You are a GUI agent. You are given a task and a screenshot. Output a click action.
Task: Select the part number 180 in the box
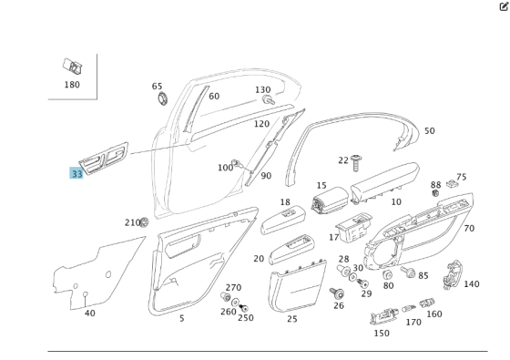tap(72, 85)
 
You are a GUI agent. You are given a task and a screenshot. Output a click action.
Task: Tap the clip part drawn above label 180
tap(72, 67)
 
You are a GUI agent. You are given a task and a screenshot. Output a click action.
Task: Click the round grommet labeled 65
tap(162, 98)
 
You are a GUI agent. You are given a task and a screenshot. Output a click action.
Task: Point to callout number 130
tap(262, 90)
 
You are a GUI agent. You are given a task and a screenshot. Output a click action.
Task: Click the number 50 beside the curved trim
tap(429, 131)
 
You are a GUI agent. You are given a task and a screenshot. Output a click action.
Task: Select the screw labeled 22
tap(357, 162)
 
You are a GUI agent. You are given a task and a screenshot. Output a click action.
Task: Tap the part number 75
tap(461, 178)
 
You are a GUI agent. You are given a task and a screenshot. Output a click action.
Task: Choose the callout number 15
tap(321, 186)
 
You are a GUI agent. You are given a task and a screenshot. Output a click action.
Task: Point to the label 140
tap(471, 284)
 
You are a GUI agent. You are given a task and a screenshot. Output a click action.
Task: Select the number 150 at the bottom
tap(381, 333)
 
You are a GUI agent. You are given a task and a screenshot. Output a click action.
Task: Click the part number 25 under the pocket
tap(292, 318)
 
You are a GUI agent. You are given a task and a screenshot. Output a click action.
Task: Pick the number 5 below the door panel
tap(181, 318)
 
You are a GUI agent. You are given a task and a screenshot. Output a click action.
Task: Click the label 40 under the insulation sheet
tap(89, 313)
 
